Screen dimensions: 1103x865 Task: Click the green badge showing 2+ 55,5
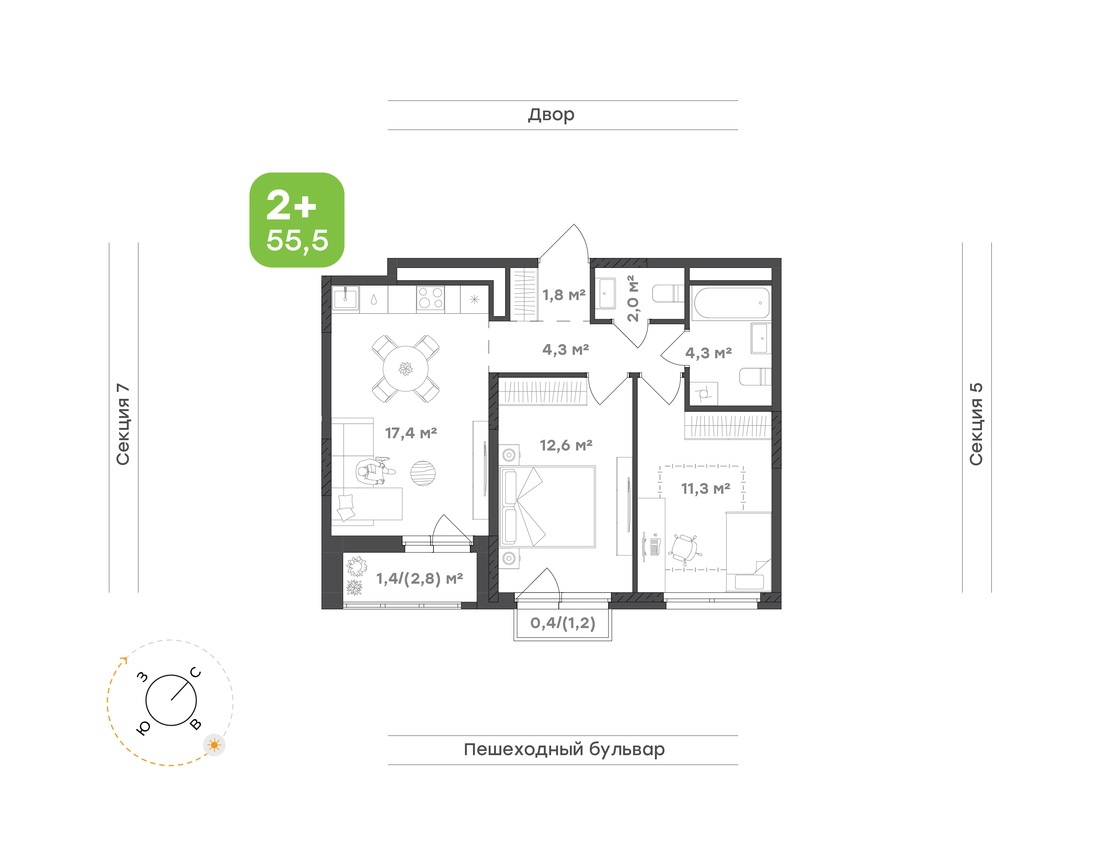pyautogui.click(x=297, y=220)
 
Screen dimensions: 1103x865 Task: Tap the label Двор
pyautogui.click(x=551, y=115)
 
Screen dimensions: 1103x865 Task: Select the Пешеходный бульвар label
pyautogui.click(x=564, y=749)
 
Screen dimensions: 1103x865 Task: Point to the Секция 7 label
pyautogui.click(x=123, y=424)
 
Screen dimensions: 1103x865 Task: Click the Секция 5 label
pyautogui.click(x=976, y=424)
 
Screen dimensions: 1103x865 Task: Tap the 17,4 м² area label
pyautogui.click(x=411, y=433)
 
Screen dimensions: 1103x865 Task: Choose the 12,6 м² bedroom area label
pyautogui.click(x=566, y=445)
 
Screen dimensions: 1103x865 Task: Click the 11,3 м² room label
pyautogui.click(x=706, y=489)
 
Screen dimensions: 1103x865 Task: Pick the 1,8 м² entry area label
pyautogui.click(x=564, y=295)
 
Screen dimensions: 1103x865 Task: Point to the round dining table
pyautogui.click(x=405, y=369)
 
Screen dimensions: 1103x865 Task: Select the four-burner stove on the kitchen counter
pyautogui.click(x=430, y=298)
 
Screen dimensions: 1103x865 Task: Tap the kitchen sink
pyautogui.click(x=345, y=298)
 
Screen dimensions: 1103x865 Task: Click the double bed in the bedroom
pyautogui.click(x=547, y=506)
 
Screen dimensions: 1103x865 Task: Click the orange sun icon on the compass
pyautogui.click(x=214, y=745)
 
